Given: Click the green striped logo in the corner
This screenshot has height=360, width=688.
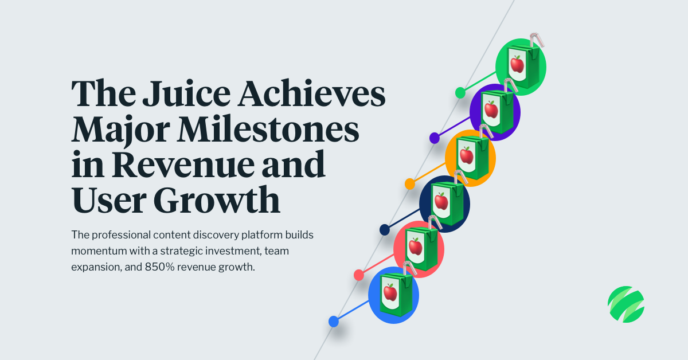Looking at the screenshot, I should (x=626, y=304).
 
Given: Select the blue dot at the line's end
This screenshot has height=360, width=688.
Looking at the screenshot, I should (x=334, y=322).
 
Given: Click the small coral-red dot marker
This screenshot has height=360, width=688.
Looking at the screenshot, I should (x=359, y=275).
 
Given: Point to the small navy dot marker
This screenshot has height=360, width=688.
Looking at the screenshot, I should (x=385, y=229).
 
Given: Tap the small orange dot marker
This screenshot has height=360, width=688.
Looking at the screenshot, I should (x=410, y=183).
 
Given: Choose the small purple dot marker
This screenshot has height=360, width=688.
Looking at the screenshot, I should (x=435, y=138).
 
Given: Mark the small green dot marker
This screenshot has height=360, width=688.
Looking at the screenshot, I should (x=460, y=92).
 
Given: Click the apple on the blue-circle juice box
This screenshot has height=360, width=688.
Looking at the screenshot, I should (x=390, y=292).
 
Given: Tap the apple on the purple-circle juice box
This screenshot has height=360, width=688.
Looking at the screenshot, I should (x=491, y=109).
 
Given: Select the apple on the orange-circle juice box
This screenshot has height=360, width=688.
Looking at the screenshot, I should (x=467, y=155).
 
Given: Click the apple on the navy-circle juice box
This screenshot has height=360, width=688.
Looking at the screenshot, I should (x=441, y=201).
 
